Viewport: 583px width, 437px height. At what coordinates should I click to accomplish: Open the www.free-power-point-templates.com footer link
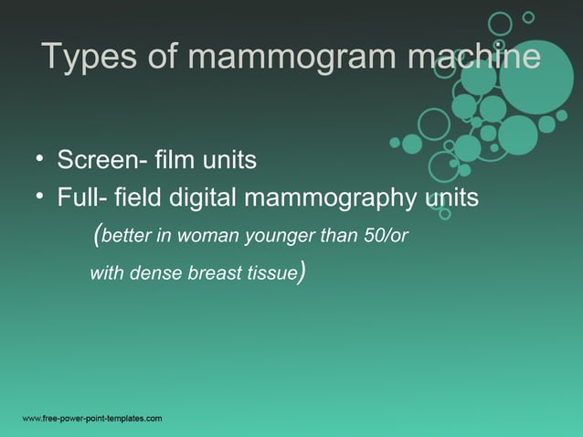92,418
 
